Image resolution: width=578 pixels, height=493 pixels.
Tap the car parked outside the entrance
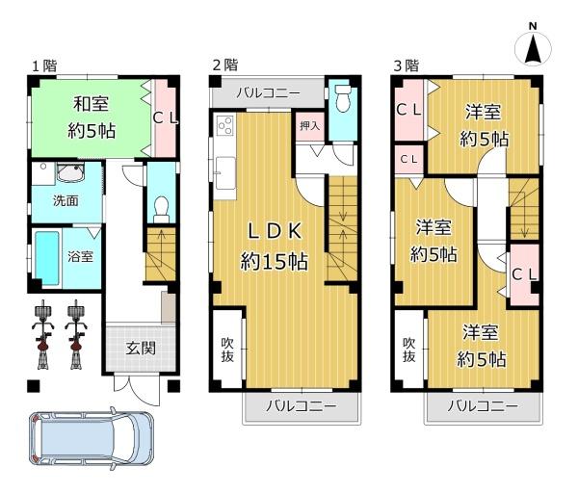tap(91, 438)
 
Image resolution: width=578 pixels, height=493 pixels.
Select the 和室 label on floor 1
tap(91, 104)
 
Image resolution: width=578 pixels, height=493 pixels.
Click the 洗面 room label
tap(66, 201)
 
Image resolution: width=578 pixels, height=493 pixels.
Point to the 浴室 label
tap(80, 256)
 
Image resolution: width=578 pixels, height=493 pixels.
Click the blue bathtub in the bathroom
tap(47, 258)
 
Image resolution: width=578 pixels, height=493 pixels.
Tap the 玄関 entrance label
tap(141, 348)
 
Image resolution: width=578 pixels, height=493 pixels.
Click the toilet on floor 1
tap(161, 210)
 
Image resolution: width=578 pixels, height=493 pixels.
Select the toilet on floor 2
tap(343, 97)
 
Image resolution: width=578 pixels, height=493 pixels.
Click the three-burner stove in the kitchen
tap(224, 125)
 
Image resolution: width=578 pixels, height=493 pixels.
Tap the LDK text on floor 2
tap(276, 231)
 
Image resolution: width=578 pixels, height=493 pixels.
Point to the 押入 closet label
tap(309, 125)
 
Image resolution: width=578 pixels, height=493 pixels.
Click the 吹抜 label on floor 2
tap(227, 350)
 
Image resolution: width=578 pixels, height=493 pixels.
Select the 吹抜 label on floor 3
tap(408, 350)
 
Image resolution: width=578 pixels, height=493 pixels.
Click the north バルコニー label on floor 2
tap(269, 92)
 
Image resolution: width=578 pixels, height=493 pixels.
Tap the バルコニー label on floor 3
tap(483, 406)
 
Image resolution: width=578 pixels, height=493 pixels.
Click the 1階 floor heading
tap(44, 65)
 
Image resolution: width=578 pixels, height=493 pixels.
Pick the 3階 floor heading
tap(407, 65)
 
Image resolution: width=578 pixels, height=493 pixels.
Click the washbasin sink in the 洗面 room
tap(70, 172)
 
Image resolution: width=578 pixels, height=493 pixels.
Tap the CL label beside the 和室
tap(166, 118)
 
